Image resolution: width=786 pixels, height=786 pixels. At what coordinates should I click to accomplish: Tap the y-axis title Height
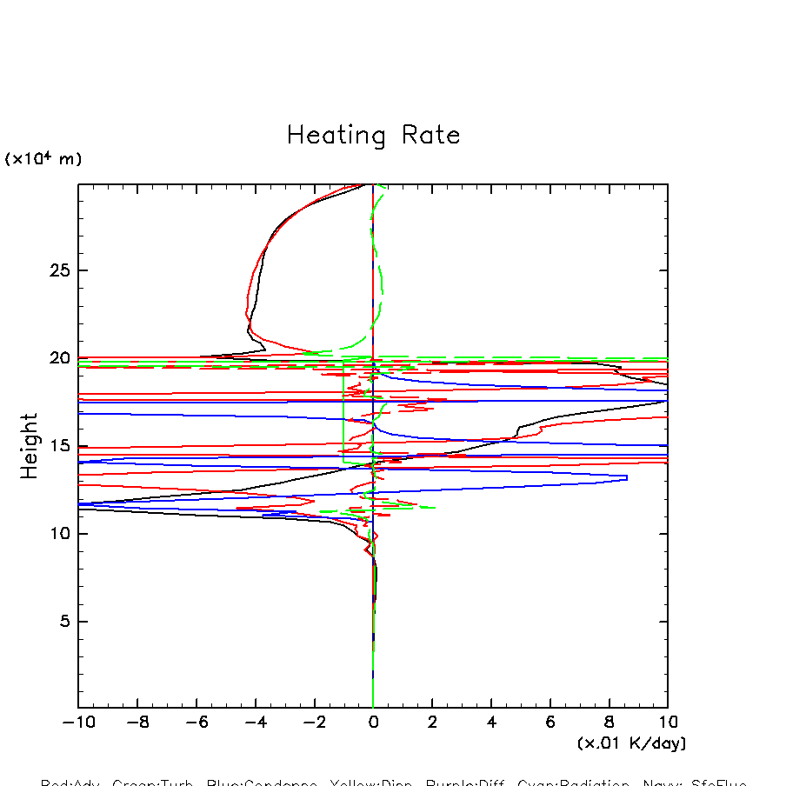tap(30, 446)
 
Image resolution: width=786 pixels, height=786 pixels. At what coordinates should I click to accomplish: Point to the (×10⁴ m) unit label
tap(43, 159)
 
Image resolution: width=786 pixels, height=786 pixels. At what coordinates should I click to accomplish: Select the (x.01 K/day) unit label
tap(631, 743)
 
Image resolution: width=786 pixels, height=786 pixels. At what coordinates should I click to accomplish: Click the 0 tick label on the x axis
tap(373, 723)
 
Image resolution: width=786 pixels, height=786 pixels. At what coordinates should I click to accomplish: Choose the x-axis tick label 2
tap(432, 723)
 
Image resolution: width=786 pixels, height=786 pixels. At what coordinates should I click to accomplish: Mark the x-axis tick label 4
tap(491, 723)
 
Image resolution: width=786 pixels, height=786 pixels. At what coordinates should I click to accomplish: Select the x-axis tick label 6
tap(550, 723)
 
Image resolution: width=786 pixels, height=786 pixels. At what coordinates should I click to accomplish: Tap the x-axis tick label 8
tap(609, 723)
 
